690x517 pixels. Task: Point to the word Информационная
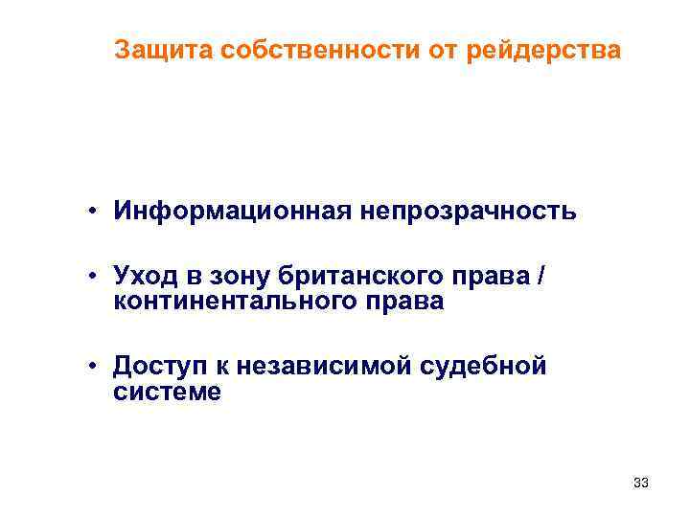(233, 210)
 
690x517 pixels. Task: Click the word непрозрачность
(469, 210)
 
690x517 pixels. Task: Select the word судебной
(490, 366)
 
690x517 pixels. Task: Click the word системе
(167, 391)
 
